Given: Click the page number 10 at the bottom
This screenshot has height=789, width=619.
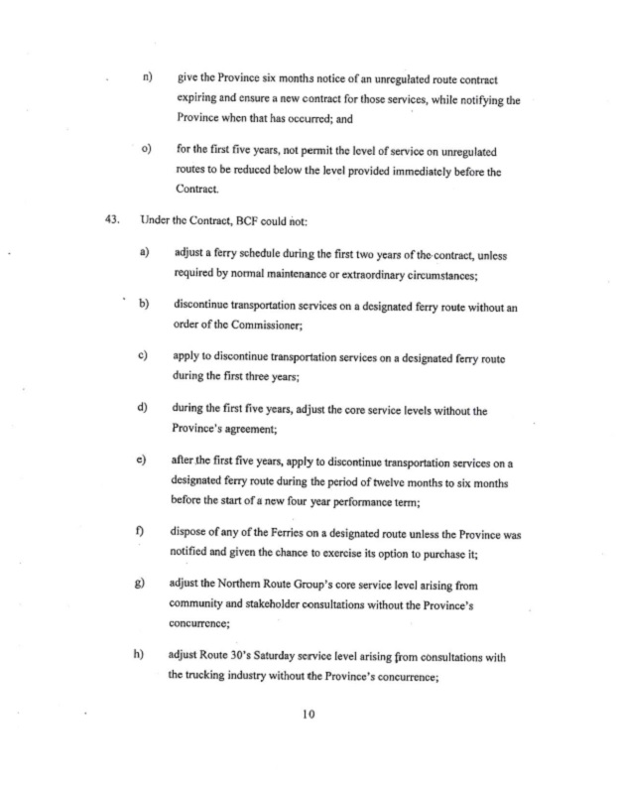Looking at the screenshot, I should click(309, 722).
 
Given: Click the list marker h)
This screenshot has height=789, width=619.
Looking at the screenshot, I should click(147, 662).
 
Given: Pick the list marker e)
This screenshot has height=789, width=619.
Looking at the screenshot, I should click(147, 460).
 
